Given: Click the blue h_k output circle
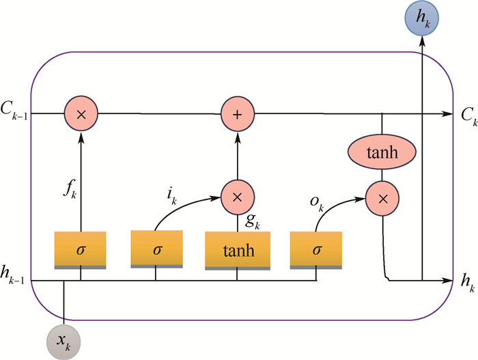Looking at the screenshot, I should pyautogui.click(x=422, y=18).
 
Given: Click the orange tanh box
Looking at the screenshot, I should pyautogui.click(x=236, y=250).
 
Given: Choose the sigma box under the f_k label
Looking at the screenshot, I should pyautogui.click(x=81, y=250).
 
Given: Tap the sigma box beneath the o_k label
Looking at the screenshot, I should pyautogui.click(x=316, y=250).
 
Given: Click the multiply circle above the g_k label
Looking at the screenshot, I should pyautogui.click(x=237, y=198).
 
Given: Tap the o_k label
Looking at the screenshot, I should pyautogui.click(x=316, y=202).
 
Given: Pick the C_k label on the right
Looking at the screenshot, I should pyautogui.click(x=468, y=115).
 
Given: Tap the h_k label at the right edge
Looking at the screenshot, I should pyautogui.click(x=466, y=281).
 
